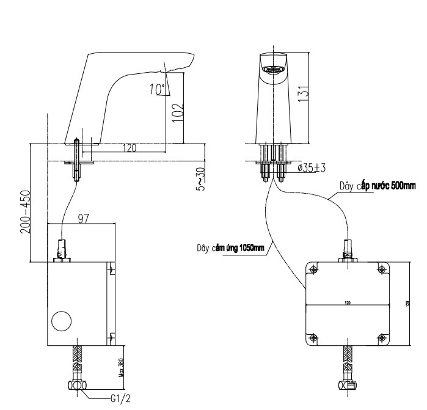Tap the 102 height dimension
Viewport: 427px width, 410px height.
pos(178,112)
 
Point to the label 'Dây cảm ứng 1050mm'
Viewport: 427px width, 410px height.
pos(230,248)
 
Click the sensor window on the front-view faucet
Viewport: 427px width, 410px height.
pos(272,69)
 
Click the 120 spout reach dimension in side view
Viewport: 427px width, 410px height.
pos(129,148)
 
